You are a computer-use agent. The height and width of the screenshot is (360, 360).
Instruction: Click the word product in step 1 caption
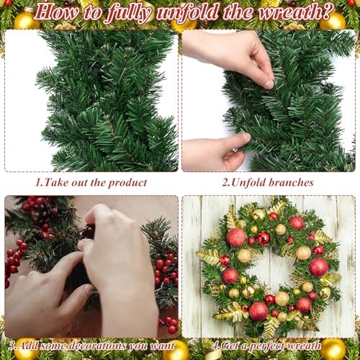point(127,183)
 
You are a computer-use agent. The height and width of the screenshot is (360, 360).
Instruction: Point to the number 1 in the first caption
point(38,182)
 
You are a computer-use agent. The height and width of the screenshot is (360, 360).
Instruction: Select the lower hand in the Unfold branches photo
point(216,151)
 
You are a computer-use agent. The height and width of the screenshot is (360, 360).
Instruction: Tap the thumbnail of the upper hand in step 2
point(269,84)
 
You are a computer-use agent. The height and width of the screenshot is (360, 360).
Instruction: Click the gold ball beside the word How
point(25,21)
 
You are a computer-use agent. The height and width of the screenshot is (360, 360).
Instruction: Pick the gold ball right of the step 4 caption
point(333,348)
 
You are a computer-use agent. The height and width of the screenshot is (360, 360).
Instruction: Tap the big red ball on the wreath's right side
point(318,267)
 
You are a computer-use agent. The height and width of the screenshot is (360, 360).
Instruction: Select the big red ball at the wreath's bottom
point(258,311)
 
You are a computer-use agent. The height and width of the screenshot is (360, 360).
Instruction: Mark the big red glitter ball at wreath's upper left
point(236,238)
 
